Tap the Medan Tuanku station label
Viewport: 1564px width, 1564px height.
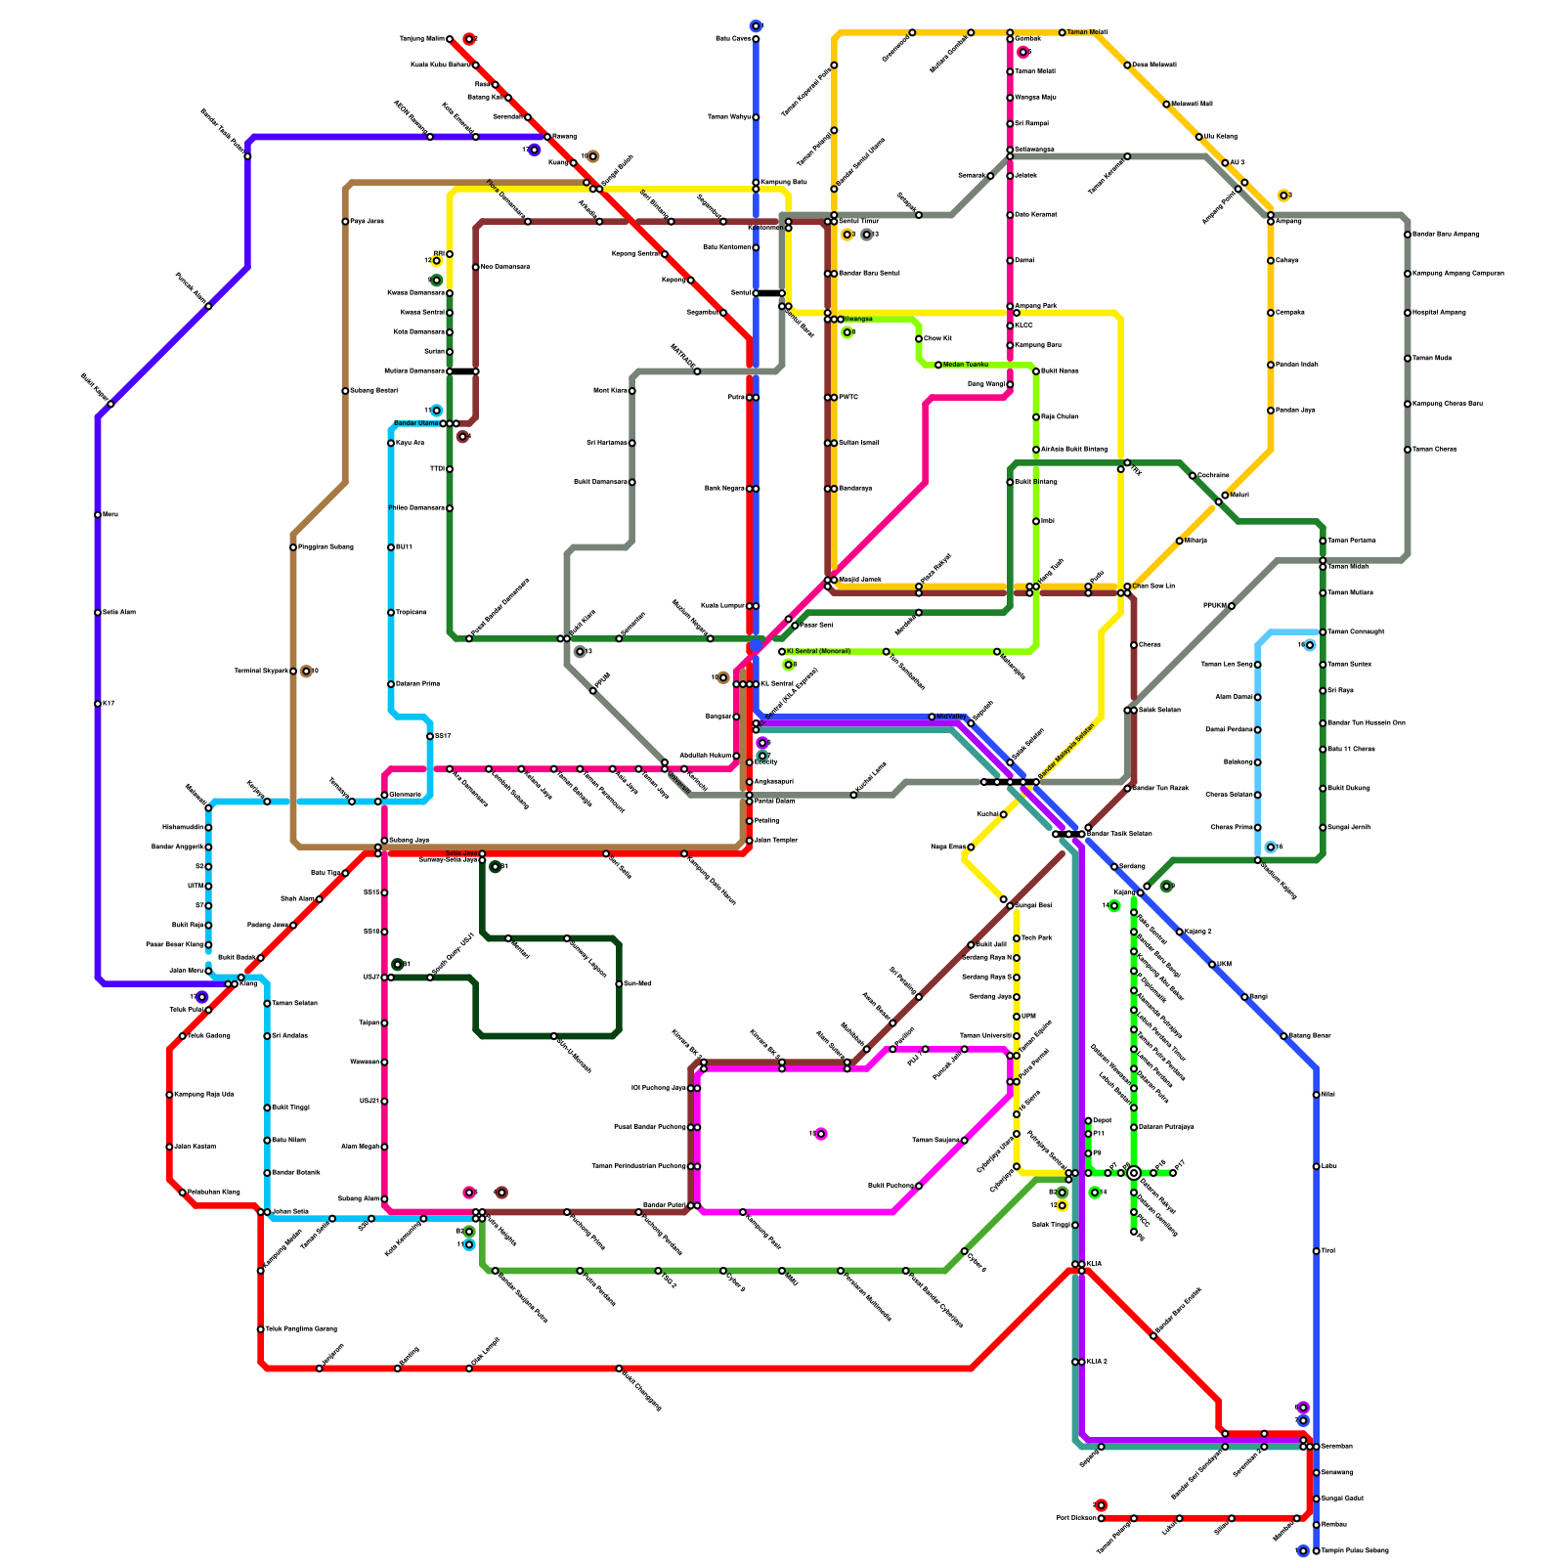click(966, 365)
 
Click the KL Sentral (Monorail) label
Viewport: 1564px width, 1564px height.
click(819, 651)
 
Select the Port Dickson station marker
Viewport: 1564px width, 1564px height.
click(1101, 1518)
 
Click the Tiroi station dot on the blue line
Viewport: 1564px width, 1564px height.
click(1316, 1251)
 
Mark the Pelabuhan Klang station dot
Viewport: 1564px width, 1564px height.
click(183, 1193)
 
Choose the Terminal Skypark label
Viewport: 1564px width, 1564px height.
click(261, 672)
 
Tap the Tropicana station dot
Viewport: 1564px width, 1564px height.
click(391, 613)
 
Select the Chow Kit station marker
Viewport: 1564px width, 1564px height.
click(919, 339)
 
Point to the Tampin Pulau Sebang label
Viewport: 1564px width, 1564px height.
click(1357, 1550)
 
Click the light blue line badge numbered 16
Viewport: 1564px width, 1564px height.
click(1310, 645)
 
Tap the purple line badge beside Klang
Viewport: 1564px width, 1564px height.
click(201, 997)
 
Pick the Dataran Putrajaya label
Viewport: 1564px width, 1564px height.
click(1167, 1127)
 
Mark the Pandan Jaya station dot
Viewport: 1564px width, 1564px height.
click(1271, 411)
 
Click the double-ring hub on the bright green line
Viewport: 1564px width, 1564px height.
click(1134, 1173)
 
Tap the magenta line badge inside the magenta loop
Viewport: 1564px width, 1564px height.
click(821, 1134)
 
